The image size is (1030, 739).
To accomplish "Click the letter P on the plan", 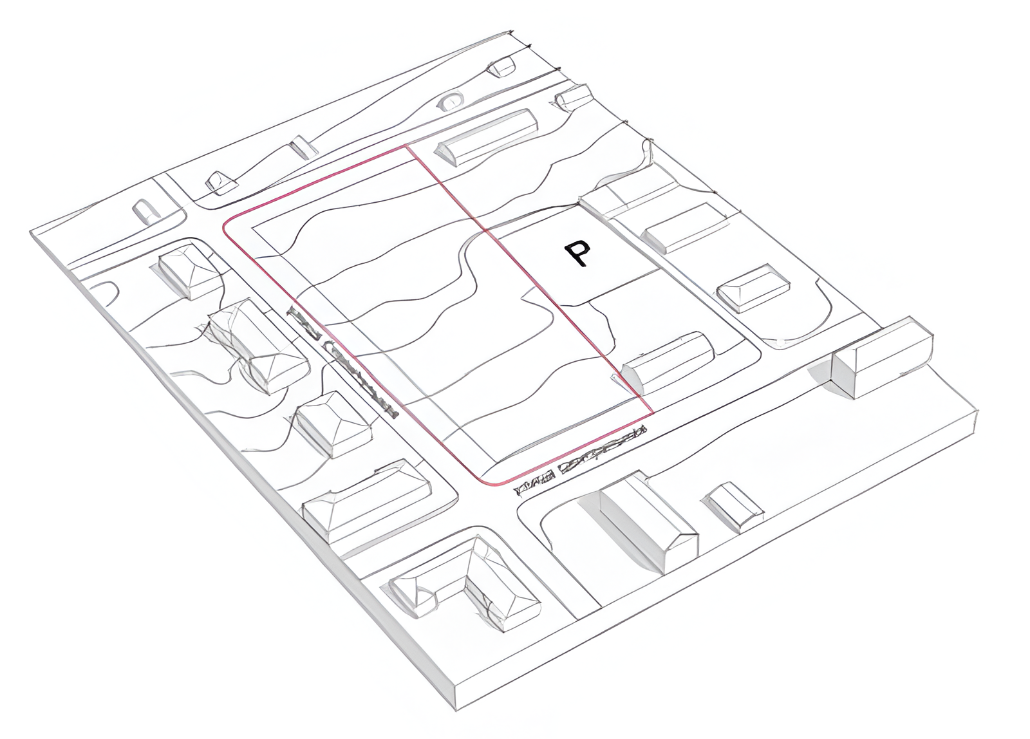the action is [577, 254].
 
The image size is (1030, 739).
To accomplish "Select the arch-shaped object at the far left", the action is [145, 210].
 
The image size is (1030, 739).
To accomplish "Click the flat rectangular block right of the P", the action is [686, 227].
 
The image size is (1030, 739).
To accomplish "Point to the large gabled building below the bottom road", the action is [644, 521].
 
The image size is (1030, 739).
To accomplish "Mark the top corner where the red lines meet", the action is [406, 146].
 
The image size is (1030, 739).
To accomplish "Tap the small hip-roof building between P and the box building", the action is [753, 288].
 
